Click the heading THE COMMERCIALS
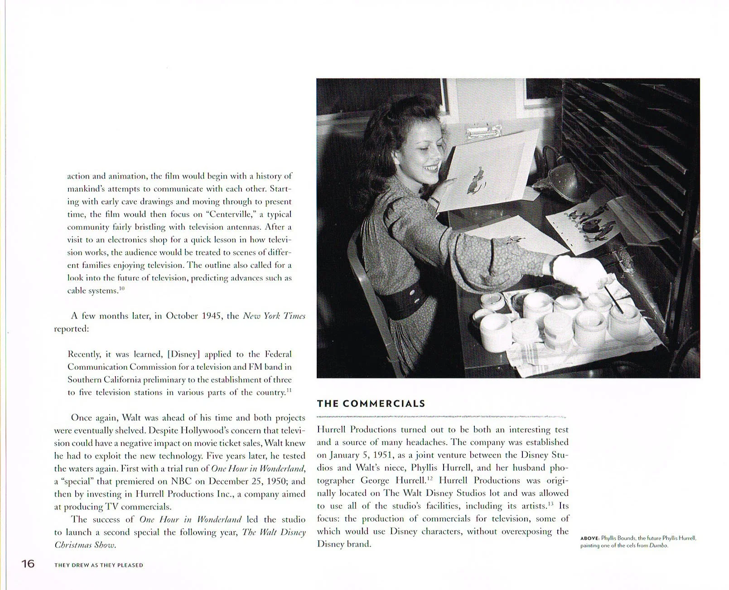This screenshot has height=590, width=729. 371,404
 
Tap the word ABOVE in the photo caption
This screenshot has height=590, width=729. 589,538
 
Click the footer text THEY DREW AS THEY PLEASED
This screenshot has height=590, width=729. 98,565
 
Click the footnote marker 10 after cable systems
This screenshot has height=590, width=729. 121,288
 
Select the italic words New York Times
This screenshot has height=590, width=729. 274,316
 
